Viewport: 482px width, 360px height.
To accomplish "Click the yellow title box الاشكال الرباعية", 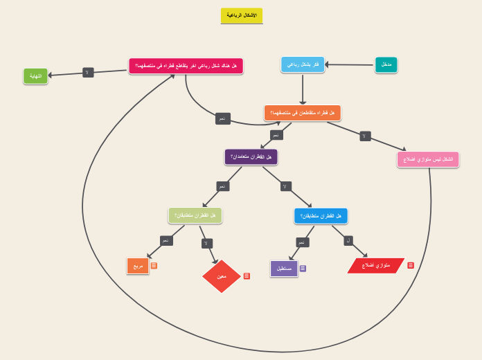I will pos(242,15).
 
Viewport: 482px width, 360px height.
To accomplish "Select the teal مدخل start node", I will pos(386,64).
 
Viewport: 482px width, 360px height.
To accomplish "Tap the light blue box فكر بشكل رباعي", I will pos(303,64).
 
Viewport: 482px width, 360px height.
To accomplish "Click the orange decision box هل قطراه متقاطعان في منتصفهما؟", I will pos(303,113).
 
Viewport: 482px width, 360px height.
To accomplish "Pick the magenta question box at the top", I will pos(186,66).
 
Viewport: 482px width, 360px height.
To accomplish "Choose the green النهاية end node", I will pos(35,76).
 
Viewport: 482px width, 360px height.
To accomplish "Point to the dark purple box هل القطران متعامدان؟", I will pos(251,157).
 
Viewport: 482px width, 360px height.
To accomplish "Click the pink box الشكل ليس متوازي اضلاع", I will pos(428,160).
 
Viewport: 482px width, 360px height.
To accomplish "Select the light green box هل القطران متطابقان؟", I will pos(195,215).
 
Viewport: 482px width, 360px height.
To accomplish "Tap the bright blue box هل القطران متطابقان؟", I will pos(321,216).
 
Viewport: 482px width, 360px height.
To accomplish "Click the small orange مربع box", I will pos(138,265).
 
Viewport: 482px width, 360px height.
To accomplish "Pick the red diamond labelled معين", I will pos(222,276).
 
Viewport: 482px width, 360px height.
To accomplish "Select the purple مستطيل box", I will pos(284,268).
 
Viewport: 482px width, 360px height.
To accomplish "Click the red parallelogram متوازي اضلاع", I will pos(376,265).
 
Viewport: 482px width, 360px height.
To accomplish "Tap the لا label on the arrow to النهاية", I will pos(88,73).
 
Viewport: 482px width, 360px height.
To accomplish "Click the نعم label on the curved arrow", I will pos(222,118).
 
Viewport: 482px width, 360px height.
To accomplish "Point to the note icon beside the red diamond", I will pos(247,276).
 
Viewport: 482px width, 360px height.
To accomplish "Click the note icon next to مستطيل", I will pos(303,268).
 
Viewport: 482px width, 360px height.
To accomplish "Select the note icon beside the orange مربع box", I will pos(154,265).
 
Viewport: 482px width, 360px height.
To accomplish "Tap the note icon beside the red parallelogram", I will pos(411,265).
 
